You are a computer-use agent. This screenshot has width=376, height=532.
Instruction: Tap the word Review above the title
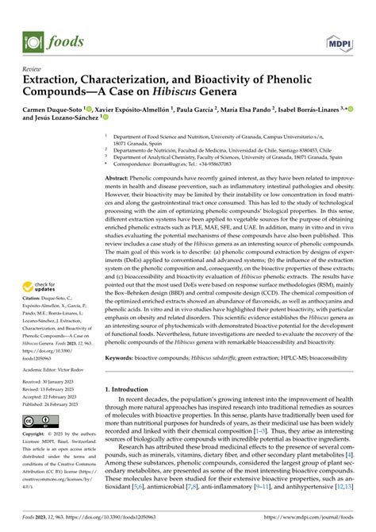(33, 68)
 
